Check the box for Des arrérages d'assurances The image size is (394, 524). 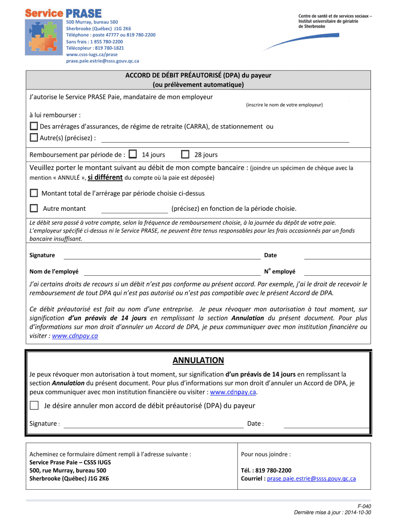point(34,126)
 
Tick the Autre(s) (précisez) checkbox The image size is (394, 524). point(34,137)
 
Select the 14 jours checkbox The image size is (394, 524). point(133,154)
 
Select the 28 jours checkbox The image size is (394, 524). point(185,154)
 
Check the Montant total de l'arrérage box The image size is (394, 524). point(34,193)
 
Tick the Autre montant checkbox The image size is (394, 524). point(34,208)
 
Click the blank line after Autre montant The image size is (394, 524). point(135,209)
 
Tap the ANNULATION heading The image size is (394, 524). point(198,360)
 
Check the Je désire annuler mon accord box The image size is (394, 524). point(34,406)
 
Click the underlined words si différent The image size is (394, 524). point(105,178)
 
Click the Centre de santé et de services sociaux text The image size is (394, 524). point(335,16)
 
